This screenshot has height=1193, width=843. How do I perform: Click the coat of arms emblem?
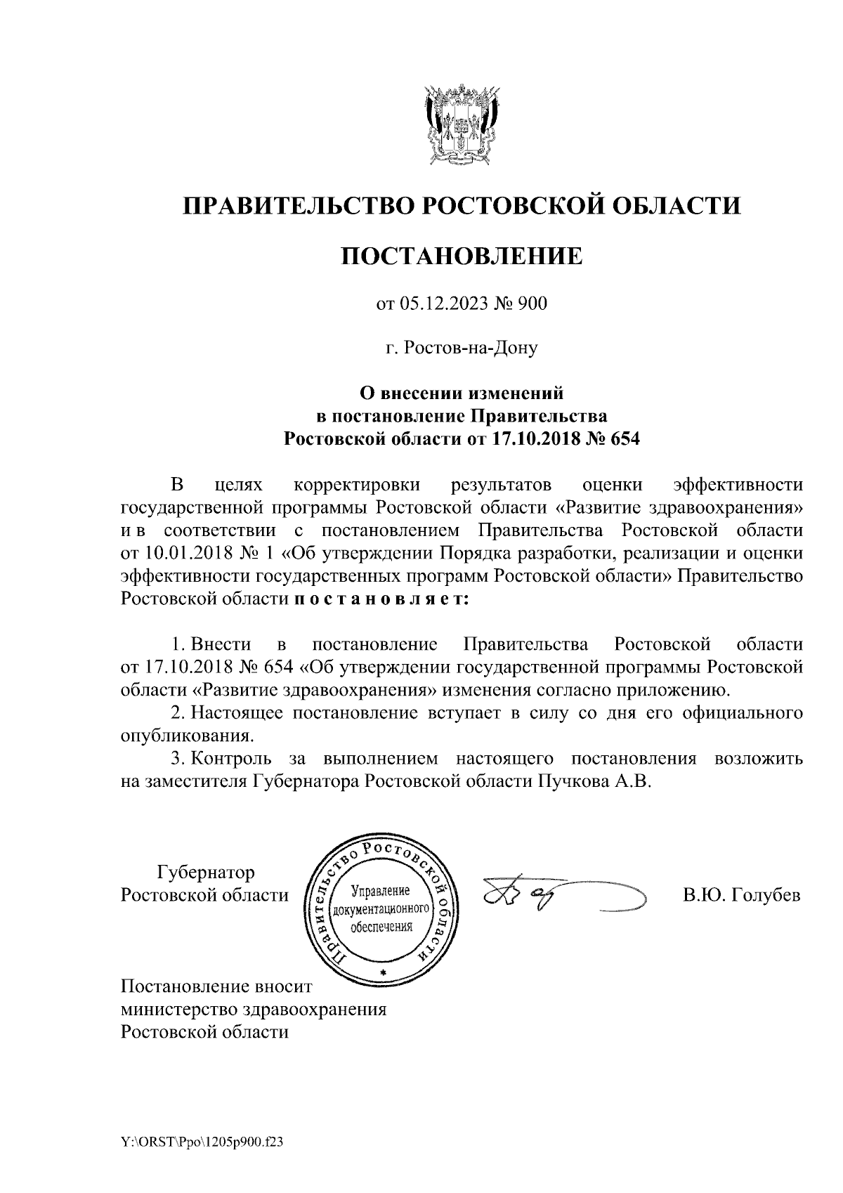tap(462, 125)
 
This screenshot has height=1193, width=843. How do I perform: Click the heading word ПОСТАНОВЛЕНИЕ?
tap(462, 256)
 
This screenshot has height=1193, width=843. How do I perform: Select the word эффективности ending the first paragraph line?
tap(737, 485)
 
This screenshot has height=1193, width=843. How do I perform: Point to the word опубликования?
tap(186, 737)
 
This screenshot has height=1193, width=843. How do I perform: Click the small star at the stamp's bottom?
tap(382, 972)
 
